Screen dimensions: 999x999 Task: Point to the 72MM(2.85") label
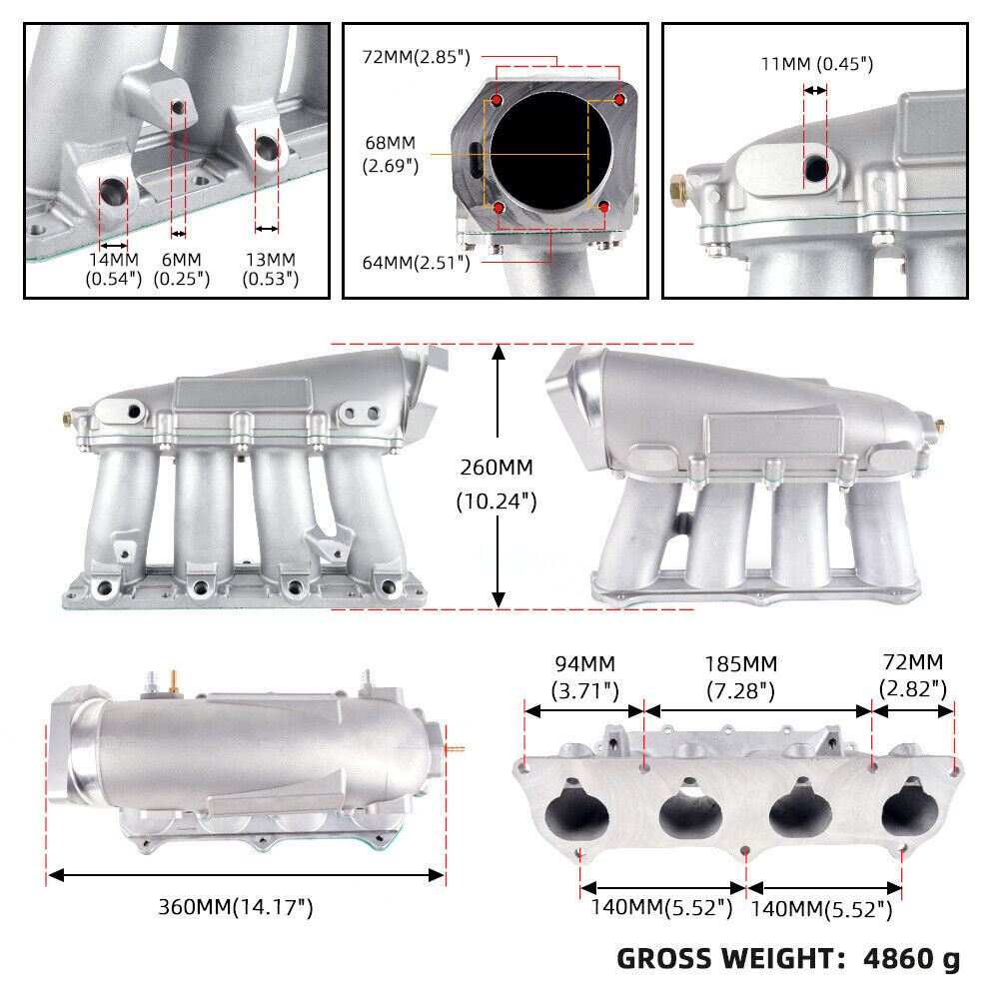(417, 57)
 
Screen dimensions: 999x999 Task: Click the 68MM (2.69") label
(391, 154)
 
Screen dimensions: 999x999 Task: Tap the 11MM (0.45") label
(816, 65)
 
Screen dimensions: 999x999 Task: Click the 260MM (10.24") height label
(498, 484)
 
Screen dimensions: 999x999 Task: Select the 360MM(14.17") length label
(236, 907)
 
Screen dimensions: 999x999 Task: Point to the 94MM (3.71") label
(584, 676)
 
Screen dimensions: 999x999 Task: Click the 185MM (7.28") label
(756, 676)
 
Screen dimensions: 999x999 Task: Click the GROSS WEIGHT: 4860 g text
(788, 959)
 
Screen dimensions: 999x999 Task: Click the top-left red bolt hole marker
(497, 102)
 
